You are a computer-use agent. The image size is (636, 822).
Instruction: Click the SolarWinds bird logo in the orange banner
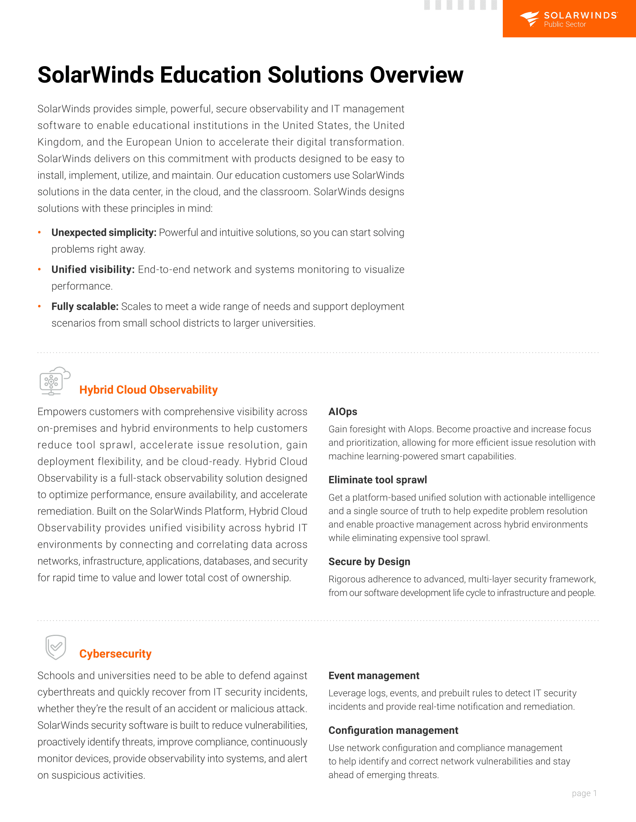coord(529,18)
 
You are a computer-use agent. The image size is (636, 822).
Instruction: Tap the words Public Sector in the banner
coord(565,24)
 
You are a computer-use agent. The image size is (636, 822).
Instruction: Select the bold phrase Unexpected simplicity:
coord(104,233)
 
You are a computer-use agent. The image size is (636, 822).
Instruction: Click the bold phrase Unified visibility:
coord(93,269)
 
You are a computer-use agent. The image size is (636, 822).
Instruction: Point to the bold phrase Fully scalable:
coord(85,306)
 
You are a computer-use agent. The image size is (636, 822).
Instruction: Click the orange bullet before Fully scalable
coord(39,306)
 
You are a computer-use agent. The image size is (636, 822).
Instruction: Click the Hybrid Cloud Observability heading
coord(149,390)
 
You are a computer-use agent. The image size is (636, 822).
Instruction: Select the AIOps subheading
coord(342,411)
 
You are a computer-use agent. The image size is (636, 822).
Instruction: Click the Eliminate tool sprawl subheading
coord(377,480)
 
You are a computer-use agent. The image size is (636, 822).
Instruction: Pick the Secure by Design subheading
coord(369,562)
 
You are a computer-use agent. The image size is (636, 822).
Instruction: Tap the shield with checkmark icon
coord(56,647)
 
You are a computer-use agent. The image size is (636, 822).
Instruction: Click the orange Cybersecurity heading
coord(115,654)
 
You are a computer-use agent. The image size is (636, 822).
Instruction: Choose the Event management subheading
coord(374,676)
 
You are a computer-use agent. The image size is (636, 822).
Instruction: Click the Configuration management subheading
coord(393,730)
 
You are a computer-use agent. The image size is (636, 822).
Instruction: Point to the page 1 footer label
coord(584,793)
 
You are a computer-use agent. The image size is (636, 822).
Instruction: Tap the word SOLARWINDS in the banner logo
coord(580,15)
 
